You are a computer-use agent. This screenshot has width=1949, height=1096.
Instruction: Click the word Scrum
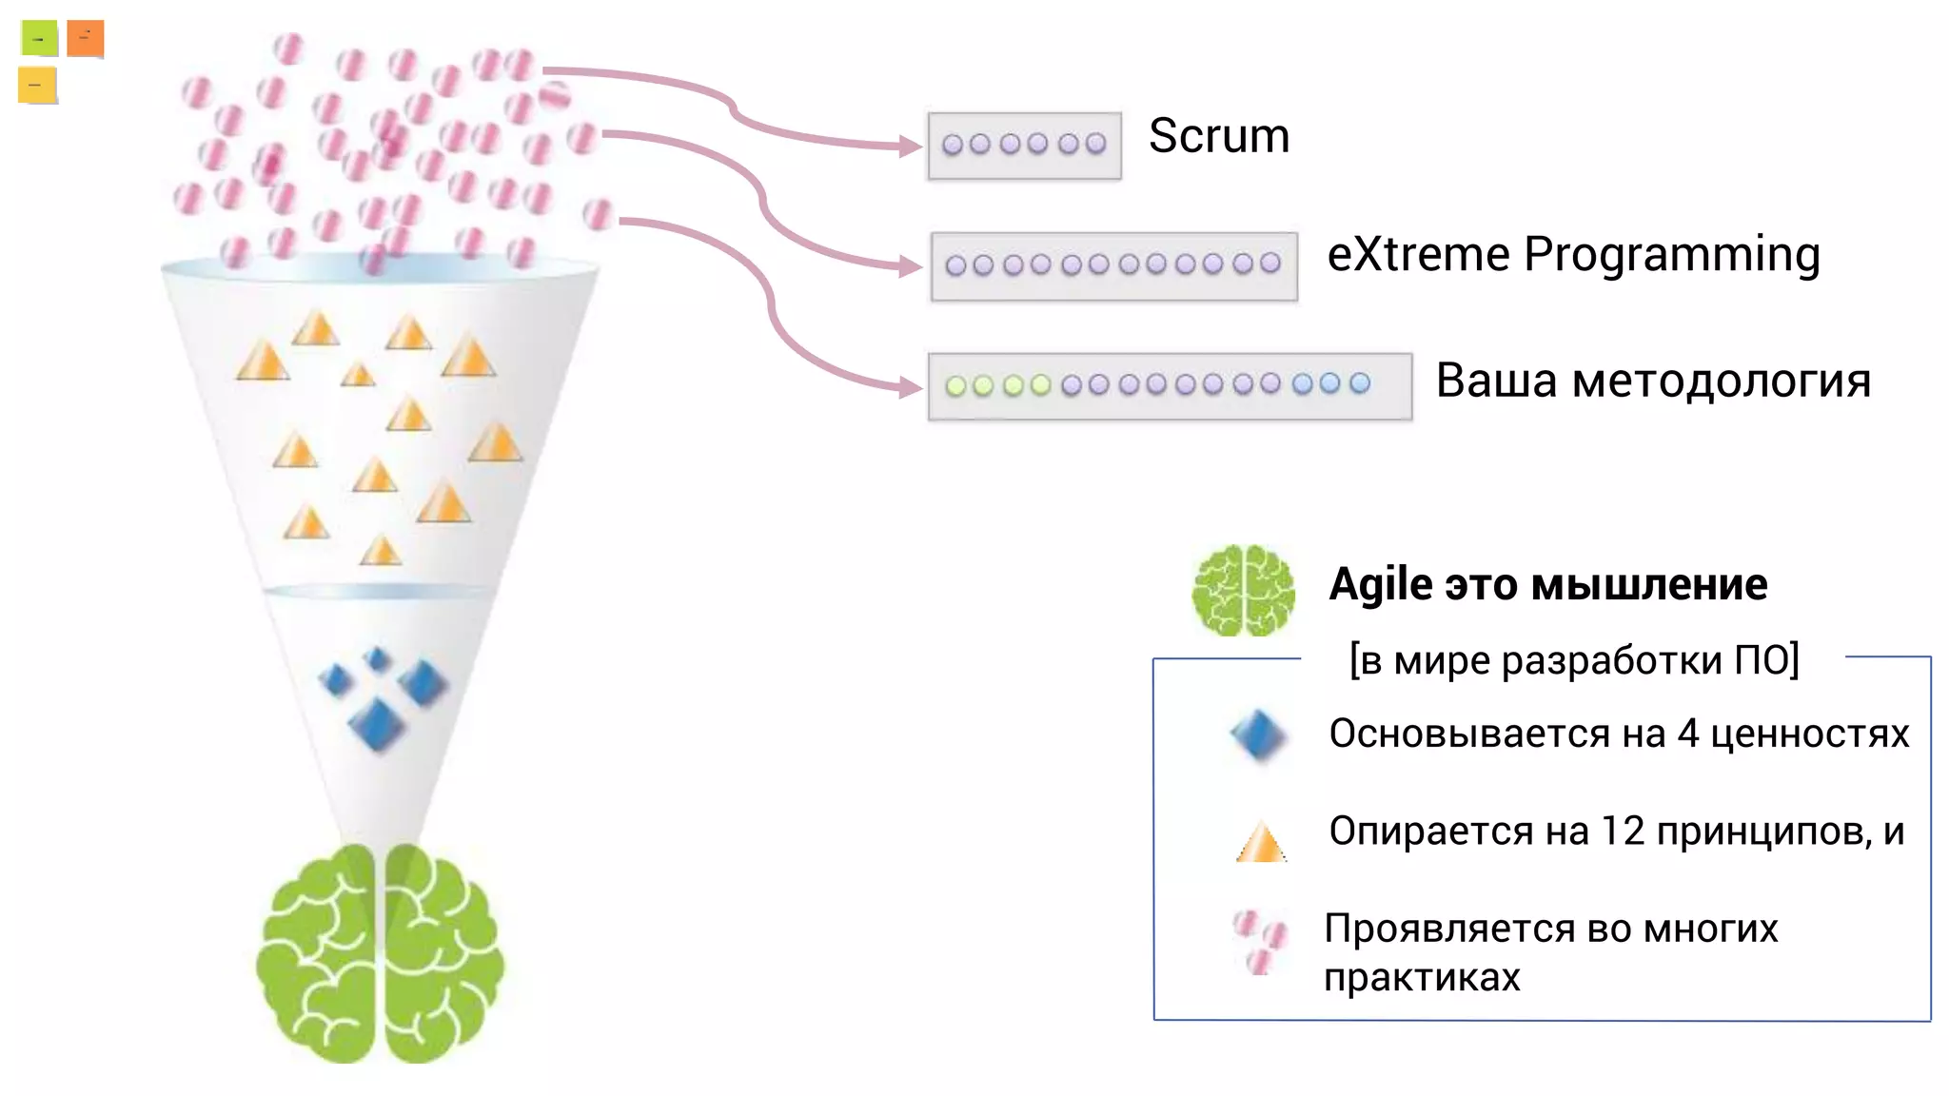click(1218, 136)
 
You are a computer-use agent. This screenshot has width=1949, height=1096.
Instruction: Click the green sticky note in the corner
click(39, 39)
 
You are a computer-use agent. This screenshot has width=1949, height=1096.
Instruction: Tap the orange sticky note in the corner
click(85, 39)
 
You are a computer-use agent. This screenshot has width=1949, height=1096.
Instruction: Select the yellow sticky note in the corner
click(37, 85)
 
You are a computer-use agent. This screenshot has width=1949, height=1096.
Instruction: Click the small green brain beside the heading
click(1243, 591)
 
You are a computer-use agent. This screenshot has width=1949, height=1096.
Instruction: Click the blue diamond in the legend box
click(1257, 735)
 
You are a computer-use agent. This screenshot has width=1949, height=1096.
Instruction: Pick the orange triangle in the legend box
click(1261, 842)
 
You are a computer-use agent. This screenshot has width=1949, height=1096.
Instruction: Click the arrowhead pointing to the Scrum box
click(911, 146)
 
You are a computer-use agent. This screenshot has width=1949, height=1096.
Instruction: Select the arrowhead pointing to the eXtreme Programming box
click(911, 266)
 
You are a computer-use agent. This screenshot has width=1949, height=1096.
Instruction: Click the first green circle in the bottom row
click(955, 385)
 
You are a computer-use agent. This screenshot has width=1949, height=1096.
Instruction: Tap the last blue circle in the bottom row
click(1360, 382)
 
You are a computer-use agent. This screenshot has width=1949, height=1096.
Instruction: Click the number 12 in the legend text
click(1622, 832)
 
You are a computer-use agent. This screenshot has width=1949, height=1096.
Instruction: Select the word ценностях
click(1809, 734)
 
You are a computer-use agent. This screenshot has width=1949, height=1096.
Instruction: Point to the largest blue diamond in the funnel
click(377, 725)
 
